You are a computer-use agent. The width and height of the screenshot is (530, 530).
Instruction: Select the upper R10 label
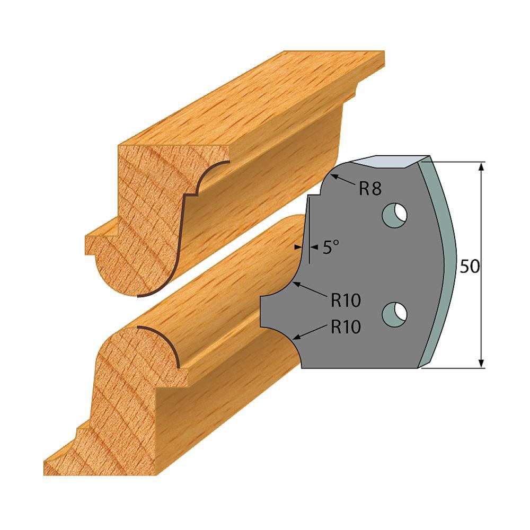(x=346, y=300)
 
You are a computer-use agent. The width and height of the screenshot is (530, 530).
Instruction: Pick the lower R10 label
(x=346, y=327)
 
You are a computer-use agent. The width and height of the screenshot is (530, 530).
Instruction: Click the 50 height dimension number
(x=469, y=267)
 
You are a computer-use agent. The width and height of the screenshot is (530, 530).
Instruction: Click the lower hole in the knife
(x=395, y=313)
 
